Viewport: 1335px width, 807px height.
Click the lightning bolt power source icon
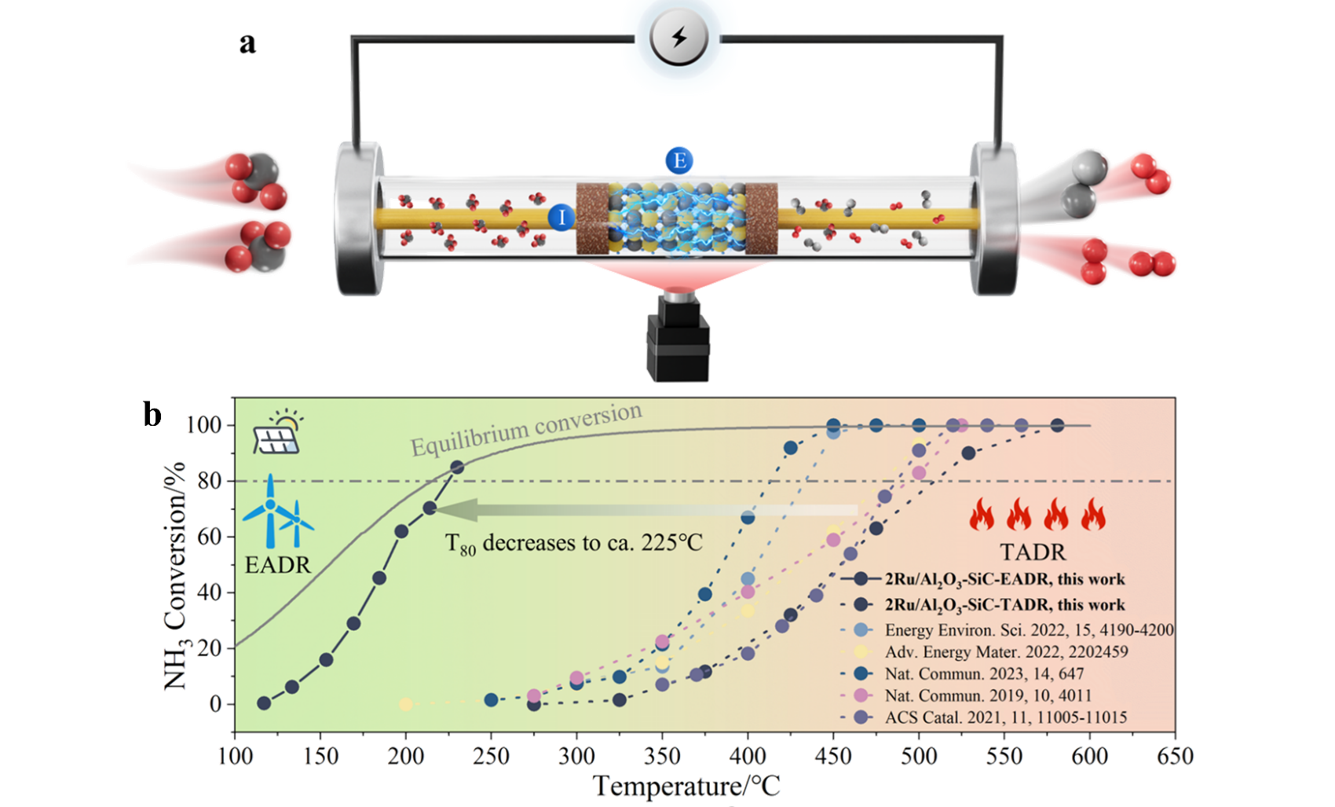click(679, 37)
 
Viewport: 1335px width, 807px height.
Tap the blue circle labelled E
click(679, 161)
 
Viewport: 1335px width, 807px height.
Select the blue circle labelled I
click(561, 217)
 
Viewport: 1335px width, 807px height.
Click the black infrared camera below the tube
click(678, 338)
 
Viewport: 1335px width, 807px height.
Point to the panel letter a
click(247, 42)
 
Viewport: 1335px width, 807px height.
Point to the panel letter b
click(152, 414)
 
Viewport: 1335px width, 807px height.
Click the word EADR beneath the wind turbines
click(277, 565)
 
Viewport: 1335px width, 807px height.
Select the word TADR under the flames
click(1033, 552)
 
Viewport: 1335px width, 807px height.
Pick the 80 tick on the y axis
click(209, 481)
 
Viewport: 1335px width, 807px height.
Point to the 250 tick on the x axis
click(492, 757)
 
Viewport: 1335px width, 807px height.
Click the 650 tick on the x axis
click(1175, 757)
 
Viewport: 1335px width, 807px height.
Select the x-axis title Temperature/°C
click(686, 786)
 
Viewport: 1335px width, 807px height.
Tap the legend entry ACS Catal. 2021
click(1005, 717)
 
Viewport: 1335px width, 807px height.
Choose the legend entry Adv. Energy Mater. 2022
click(1006, 651)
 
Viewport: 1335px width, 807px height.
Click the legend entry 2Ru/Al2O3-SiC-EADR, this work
click(1004, 579)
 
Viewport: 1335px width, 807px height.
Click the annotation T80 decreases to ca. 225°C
click(573, 544)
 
